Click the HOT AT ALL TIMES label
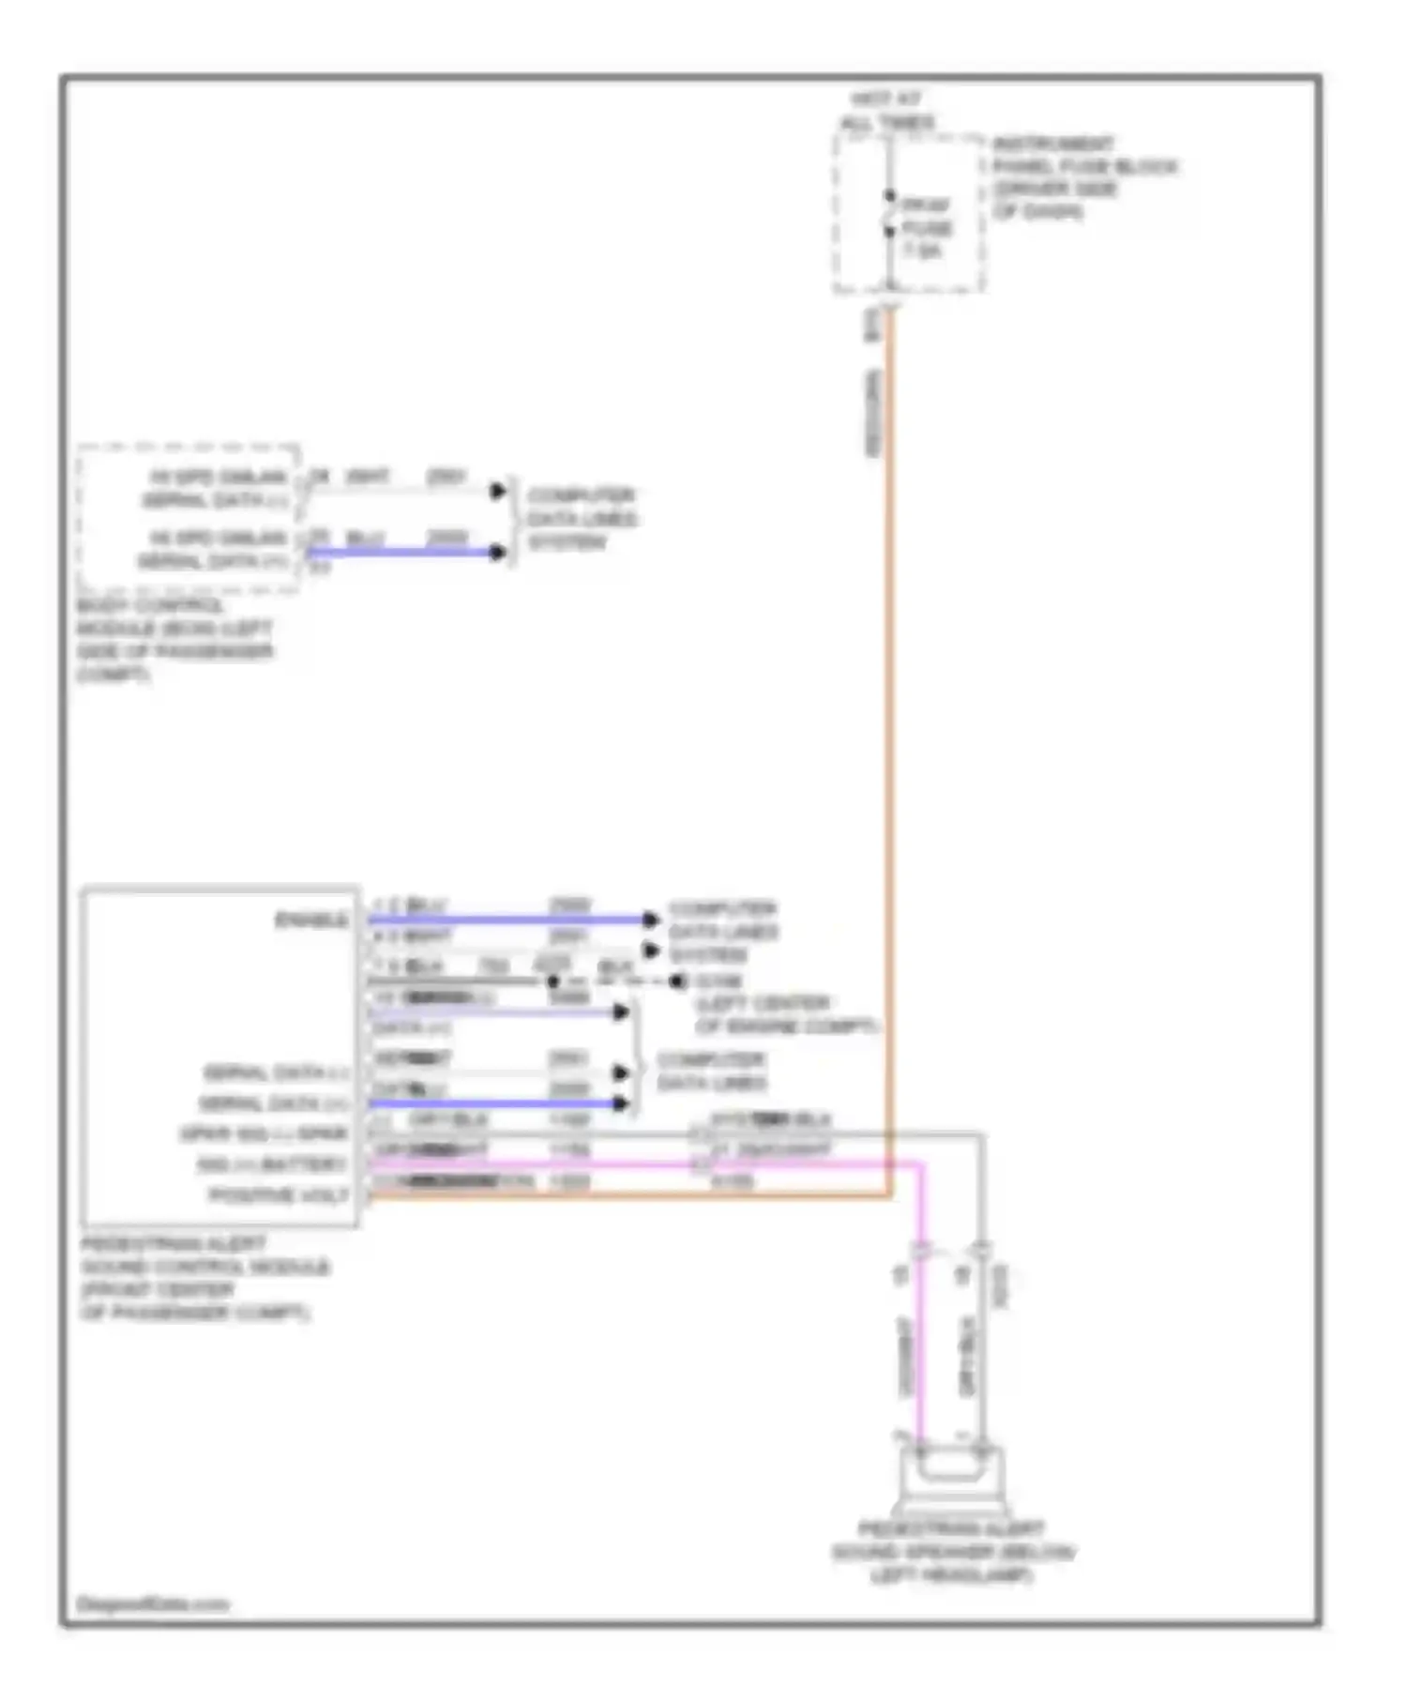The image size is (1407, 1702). coord(885,111)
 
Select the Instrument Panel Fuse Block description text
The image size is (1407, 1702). coord(1083,177)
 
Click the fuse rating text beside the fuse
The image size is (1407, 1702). coord(925,228)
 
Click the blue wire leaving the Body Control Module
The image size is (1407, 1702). coord(403,552)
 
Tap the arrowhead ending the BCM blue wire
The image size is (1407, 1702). coord(498,552)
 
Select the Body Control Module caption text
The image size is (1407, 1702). coord(174,640)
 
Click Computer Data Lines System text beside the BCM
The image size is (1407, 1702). coord(581,518)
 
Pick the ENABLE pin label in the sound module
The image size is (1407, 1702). coord(310,919)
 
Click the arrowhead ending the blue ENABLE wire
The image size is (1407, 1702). coord(650,919)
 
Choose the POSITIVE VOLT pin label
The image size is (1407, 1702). coord(279,1195)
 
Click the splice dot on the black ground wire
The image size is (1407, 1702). coord(553,981)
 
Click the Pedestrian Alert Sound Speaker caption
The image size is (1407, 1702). coord(952,1552)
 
